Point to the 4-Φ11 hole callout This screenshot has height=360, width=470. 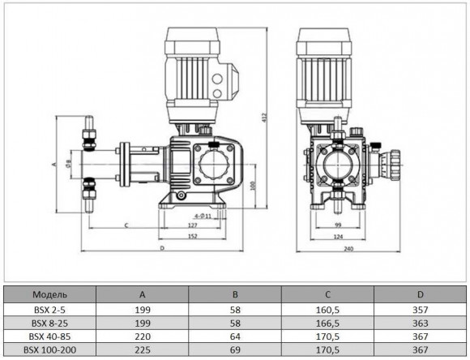(191, 215)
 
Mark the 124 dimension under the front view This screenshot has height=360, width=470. (338, 237)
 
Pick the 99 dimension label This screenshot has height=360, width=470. (338, 224)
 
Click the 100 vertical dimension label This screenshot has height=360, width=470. (254, 185)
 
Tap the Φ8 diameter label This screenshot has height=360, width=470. (69, 162)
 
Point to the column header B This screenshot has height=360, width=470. (236, 293)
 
